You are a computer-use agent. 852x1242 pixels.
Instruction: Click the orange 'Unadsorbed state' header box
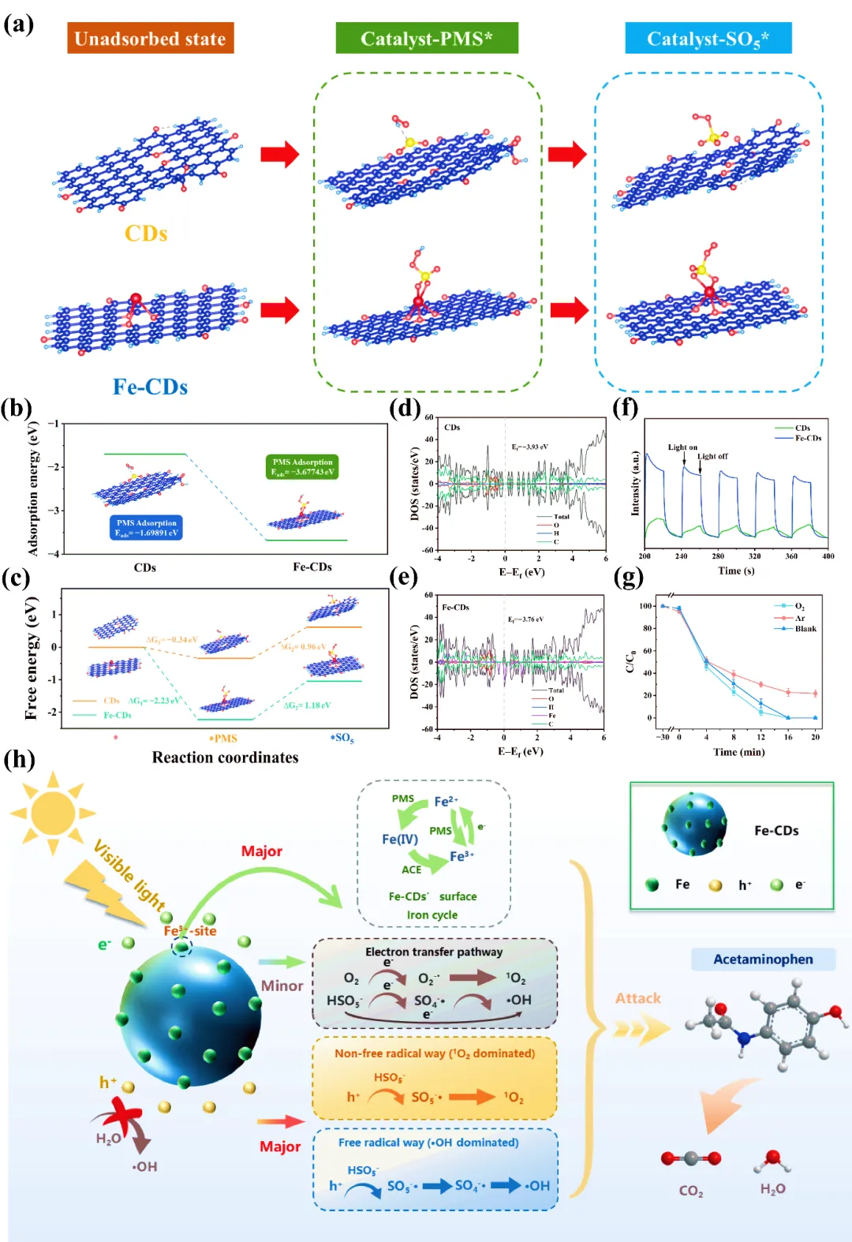pyautogui.click(x=150, y=39)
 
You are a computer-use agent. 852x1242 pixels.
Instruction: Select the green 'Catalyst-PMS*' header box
pyautogui.click(x=427, y=39)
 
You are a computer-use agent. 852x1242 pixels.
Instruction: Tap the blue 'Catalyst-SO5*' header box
pyautogui.click(x=708, y=39)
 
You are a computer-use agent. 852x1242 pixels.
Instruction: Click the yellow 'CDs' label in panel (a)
pyautogui.click(x=146, y=234)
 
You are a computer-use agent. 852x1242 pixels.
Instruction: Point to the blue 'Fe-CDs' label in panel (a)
pyautogui.click(x=150, y=387)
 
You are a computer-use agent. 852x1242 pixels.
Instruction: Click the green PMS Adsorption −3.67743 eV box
pyautogui.click(x=303, y=467)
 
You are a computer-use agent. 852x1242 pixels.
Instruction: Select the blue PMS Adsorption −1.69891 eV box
pyautogui.click(x=147, y=528)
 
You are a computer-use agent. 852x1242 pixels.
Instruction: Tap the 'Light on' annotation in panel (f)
pyautogui.click(x=682, y=447)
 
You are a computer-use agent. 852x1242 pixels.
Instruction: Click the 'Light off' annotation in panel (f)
pyautogui.click(x=712, y=456)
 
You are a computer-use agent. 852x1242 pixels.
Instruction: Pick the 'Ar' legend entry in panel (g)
pyautogui.click(x=799, y=618)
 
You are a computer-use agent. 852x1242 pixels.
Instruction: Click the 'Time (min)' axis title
pyautogui.click(x=738, y=752)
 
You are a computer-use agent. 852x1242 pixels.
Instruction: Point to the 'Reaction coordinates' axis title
pyautogui.click(x=225, y=758)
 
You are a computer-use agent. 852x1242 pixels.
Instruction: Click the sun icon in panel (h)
pyautogui.click(x=53, y=813)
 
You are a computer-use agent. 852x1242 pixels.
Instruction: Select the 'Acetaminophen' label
pyautogui.click(x=763, y=960)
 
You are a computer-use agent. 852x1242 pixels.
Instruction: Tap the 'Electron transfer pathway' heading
pyautogui.click(x=434, y=952)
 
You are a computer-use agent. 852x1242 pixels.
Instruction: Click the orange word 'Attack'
pyautogui.click(x=637, y=998)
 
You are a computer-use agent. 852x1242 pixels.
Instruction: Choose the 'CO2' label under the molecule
pyautogui.click(x=691, y=1191)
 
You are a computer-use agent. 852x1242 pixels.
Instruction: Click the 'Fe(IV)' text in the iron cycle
pyautogui.click(x=400, y=839)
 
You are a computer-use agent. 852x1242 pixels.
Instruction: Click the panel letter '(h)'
pyautogui.click(x=19, y=759)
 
